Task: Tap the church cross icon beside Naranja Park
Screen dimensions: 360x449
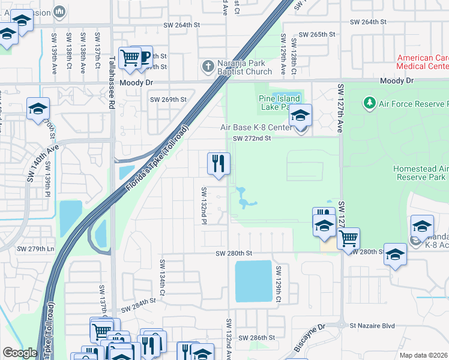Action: point(208,66)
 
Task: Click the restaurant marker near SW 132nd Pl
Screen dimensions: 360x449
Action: point(218,163)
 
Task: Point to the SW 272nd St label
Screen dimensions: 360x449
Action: point(253,138)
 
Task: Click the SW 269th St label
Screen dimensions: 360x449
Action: point(168,100)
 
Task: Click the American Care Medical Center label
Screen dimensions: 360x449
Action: point(423,62)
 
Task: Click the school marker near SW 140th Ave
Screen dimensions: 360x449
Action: point(38,109)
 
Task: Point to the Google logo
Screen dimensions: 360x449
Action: point(20,353)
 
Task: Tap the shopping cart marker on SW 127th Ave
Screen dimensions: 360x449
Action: point(348,238)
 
